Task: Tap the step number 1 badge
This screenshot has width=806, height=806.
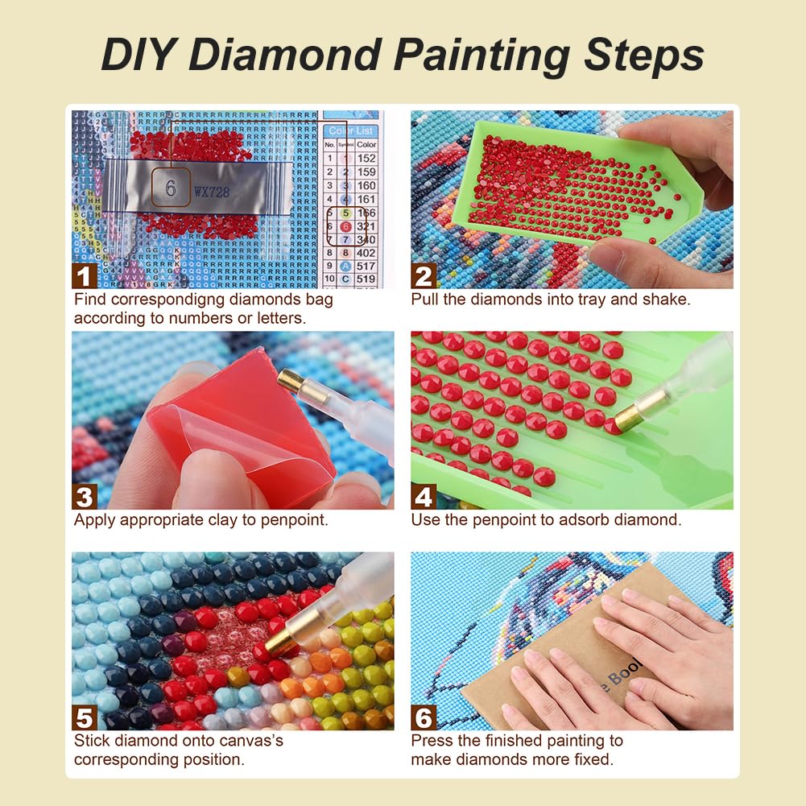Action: point(85,276)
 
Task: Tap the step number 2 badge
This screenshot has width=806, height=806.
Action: point(424,276)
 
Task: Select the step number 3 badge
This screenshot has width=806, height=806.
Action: point(85,497)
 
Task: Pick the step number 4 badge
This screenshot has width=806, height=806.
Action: point(424,497)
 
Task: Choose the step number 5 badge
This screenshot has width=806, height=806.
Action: point(85,717)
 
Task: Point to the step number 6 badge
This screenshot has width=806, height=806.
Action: point(424,717)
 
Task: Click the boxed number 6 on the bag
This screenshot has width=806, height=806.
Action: point(171,188)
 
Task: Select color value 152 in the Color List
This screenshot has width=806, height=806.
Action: point(366,159)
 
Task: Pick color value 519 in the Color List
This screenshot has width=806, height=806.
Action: point(366,279)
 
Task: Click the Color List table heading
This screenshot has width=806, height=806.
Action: point(351,130)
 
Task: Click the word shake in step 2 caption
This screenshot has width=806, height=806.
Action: point(668,300)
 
